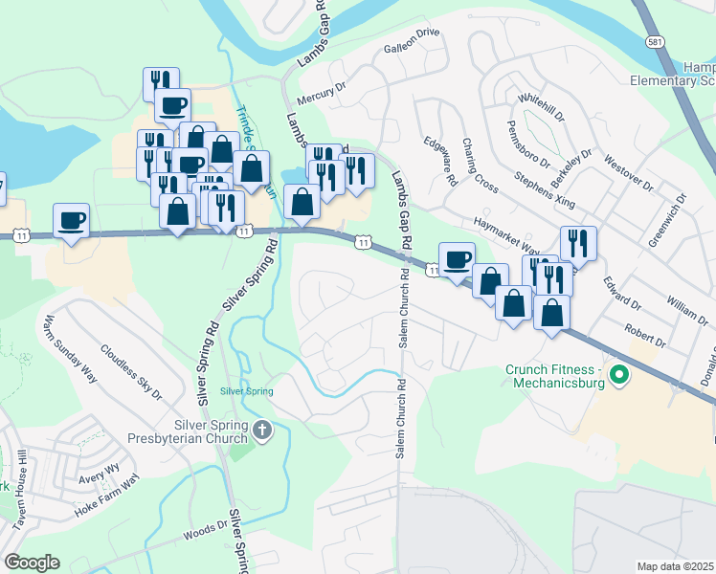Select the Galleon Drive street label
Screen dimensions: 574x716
click(x=411, y=59)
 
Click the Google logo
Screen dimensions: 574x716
click(x=32, y=563)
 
